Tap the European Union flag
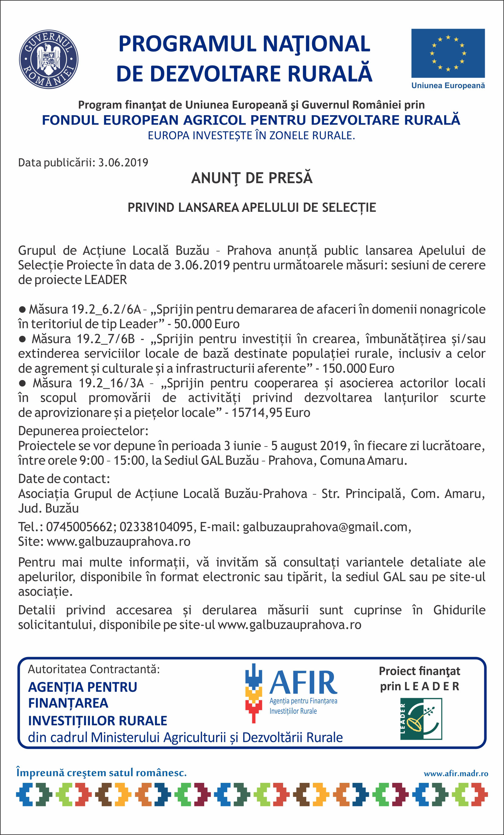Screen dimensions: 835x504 click(x=448, y=53)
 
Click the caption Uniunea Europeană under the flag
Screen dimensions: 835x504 click(x=448, y=86)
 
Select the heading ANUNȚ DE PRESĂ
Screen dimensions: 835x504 click(x=251, y=178)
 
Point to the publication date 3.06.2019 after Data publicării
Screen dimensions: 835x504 click(x=123, y=163)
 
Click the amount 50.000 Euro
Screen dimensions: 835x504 click(x=207, y=324)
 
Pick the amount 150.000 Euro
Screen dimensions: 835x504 click(x=358, y=368)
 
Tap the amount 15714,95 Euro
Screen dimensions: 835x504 click(x=271, y=413)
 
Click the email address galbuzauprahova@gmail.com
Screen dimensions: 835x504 click(x=325, y=527)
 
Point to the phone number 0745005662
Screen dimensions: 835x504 click(x=79, y=527)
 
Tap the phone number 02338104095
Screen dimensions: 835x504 click(x=156, y=527)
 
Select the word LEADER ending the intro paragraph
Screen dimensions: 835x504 click(x=105, y=280)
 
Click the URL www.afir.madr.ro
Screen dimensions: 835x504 click(x=456, y=774)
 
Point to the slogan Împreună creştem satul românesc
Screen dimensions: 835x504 click(x=101, y=773)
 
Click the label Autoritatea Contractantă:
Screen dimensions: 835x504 click(x=94, y=669)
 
